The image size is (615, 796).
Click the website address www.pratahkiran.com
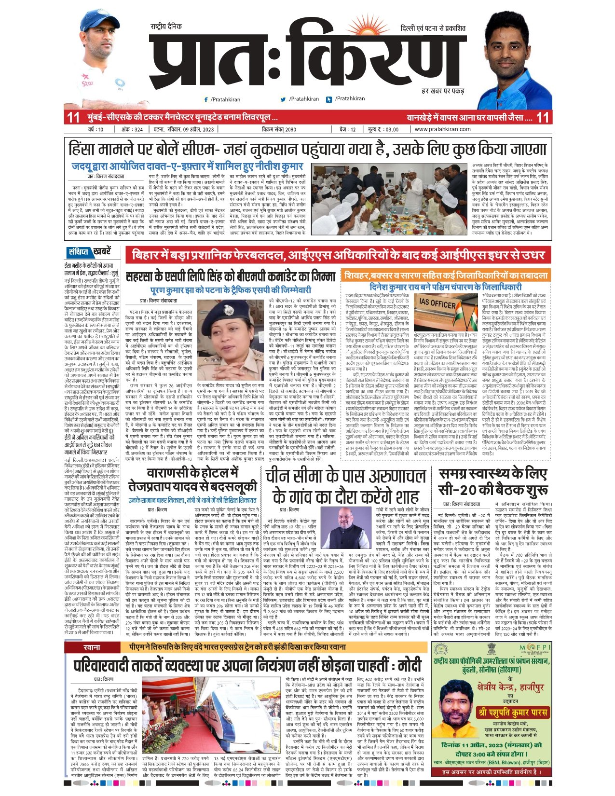[x=442, y=129]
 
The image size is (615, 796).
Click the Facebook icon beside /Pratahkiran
[x=206, y=99]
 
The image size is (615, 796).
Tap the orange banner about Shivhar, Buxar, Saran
[x=446, y=276]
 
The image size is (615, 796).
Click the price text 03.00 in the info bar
[x=391, y=129]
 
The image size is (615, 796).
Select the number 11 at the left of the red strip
[x=73, y=117]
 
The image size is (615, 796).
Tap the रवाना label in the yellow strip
[x=92, y=647]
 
